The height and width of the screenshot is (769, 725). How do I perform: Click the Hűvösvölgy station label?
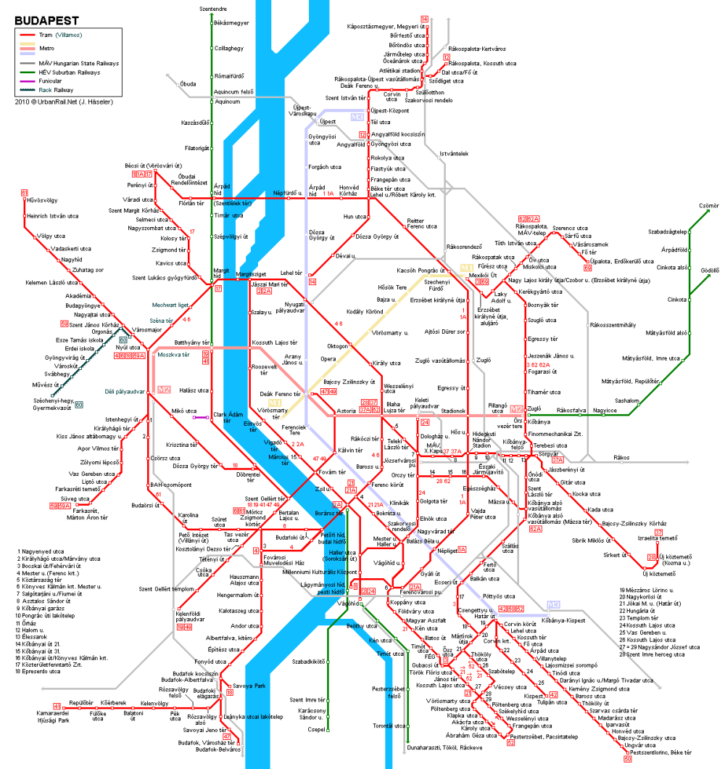[42, 200]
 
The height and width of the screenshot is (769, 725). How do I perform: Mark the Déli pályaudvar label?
[125, 392]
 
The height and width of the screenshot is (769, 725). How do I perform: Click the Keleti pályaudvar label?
[428, 403]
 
